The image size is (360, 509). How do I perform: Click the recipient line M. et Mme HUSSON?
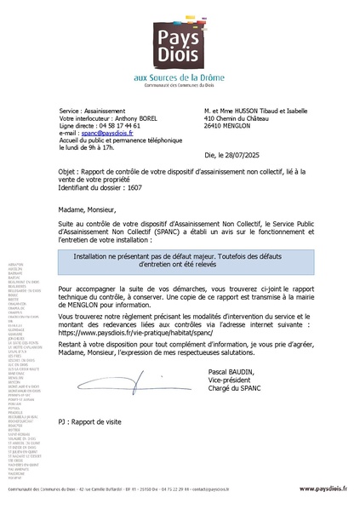(x=256, y=111)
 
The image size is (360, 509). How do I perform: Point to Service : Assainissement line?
(x=93, y=111)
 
